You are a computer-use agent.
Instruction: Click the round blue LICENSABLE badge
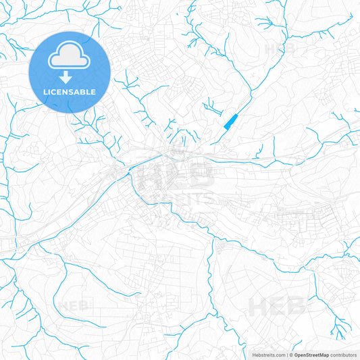[69, 72]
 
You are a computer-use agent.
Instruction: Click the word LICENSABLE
[70, 92]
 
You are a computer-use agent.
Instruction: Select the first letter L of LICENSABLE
[45, 92]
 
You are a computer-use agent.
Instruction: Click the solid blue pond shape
[230, 122]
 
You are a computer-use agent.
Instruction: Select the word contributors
[343, 355]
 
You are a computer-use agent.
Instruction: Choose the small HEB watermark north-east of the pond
[278, 49]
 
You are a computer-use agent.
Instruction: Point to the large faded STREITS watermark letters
[182, 199]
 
